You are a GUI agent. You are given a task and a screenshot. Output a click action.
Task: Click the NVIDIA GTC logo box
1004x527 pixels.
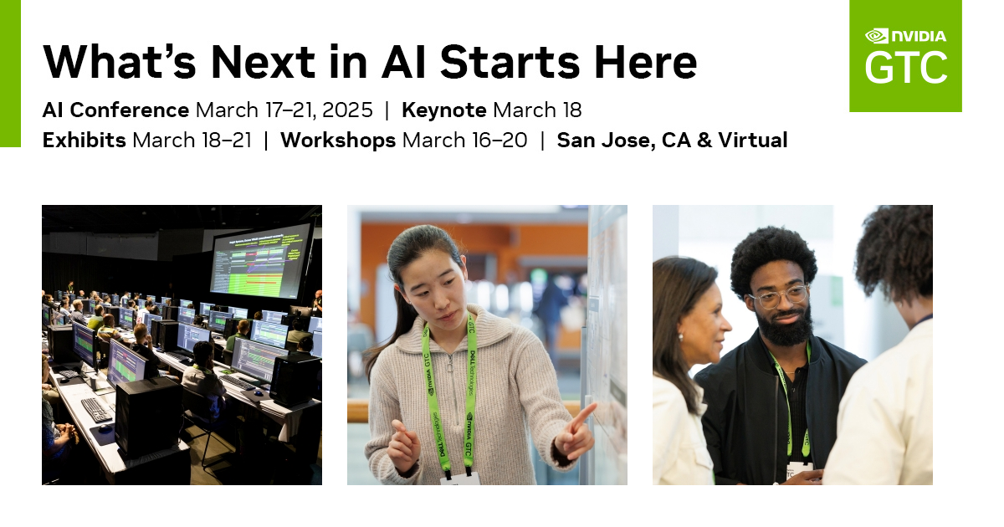pos(905,56)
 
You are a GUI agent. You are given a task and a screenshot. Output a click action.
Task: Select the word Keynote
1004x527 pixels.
pos(444,110)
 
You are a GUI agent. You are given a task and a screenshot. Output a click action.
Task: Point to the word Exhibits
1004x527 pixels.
pos(85,141)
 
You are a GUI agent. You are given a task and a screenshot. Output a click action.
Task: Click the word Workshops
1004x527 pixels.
pos(338,141)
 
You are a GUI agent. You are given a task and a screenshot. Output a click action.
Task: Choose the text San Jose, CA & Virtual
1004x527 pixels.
pos(672,141)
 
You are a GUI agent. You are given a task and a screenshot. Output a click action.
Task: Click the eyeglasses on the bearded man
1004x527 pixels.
pos(779,296)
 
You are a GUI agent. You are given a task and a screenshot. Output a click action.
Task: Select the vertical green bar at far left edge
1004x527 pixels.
pos(10,74)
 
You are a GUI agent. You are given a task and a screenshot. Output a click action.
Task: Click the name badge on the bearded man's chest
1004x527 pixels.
pos(799,470)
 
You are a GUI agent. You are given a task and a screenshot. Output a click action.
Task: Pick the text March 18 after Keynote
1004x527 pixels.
pos(537,110)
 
